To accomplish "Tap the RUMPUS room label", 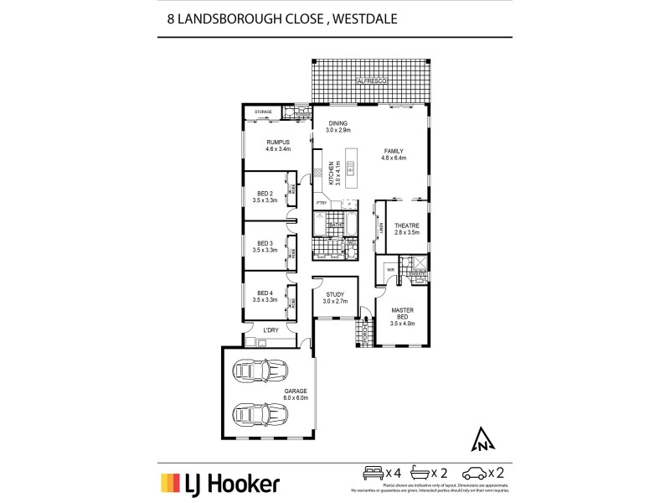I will coord(278,143).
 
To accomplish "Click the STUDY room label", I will coord(335,294).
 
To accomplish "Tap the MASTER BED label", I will coord(403,314).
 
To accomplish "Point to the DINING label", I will coord(338,124).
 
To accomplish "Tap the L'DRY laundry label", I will coord(271,330).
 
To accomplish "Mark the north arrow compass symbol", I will coord(482,438).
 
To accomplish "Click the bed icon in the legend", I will coord(371,471).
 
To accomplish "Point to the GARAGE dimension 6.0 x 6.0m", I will coord(296,397).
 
